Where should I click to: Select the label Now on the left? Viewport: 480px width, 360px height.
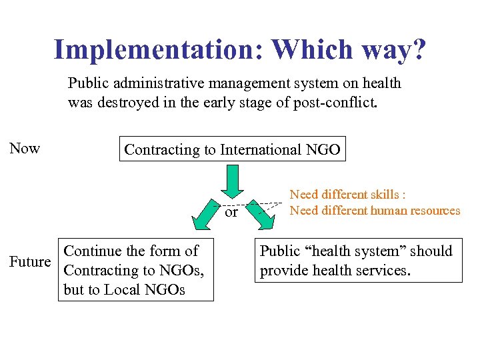tap(25, 148)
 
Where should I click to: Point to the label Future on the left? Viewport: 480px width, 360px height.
tap(30, 261)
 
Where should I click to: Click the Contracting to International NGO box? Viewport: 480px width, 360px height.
tap(233, 149)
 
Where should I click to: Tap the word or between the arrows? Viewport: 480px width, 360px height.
tap(231, 213)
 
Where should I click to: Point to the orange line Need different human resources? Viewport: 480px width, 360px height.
tap(375, 211)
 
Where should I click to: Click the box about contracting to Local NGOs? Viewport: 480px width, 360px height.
tap(136, 270)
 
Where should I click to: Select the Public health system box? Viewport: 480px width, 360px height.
tap(358, 261)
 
